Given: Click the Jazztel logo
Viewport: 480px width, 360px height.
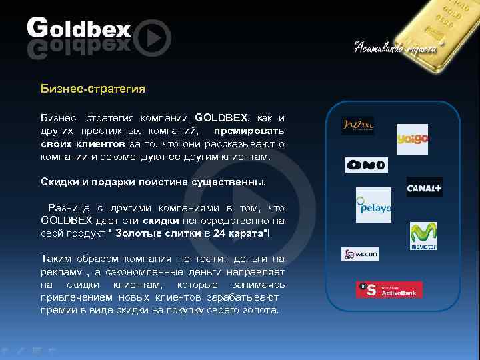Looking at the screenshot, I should (358, 125).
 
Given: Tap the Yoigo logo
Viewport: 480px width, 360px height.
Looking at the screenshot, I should (412, 139).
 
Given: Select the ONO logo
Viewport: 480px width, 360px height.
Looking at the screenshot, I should (366, 165).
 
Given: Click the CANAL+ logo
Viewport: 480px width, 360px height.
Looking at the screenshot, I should (425, 187).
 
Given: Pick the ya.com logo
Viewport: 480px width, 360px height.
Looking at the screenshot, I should (360, 254).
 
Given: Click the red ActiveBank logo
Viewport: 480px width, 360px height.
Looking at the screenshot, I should (389, 289).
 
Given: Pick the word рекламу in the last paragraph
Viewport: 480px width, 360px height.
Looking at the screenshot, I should (61, 272).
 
